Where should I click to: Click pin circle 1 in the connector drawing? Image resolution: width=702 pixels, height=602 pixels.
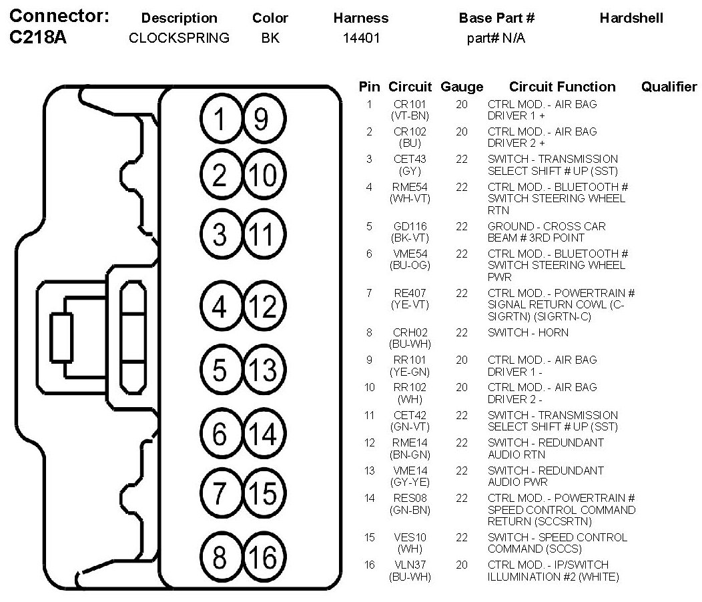(220, 119)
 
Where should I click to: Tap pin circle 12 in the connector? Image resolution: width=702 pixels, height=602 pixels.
(261, 307)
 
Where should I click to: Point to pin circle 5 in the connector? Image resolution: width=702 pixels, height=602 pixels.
(220, 369)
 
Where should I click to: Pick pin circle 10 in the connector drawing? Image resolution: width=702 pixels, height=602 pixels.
(261, 176)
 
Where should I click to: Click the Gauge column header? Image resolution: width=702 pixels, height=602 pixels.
(462, 87)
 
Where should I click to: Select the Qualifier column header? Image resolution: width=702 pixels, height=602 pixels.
(669, 87)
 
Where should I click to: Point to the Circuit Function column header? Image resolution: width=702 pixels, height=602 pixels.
(562, 87)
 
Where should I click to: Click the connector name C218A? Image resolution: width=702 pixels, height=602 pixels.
(39, 38)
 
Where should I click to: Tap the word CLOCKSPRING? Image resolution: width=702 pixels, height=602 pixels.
(179, 38)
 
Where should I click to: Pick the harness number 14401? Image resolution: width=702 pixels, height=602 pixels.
(361, 38)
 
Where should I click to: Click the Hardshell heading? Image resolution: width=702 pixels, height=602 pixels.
(631, 18)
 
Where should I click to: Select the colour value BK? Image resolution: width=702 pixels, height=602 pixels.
(270, 38)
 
